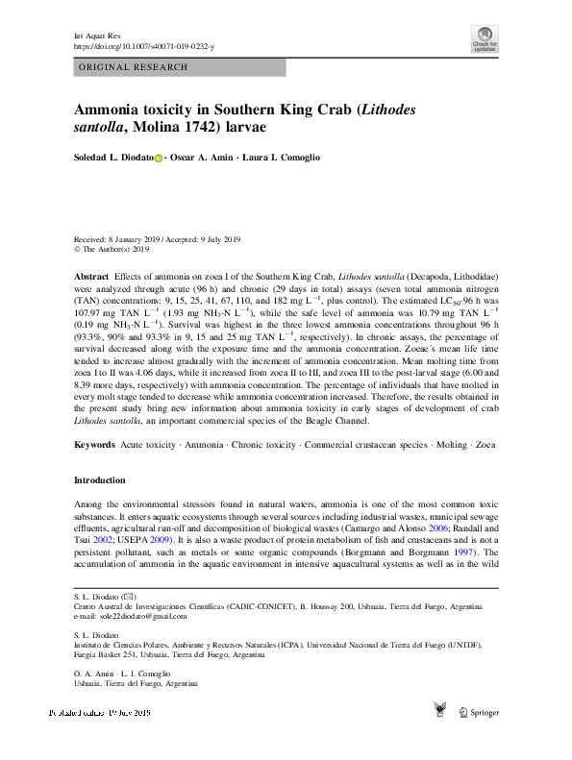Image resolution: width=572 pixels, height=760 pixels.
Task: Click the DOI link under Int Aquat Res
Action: pyautogui.click(x=144, y=45)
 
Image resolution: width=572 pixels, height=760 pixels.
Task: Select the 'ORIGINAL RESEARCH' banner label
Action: pyautogui.click(x=133, y=67)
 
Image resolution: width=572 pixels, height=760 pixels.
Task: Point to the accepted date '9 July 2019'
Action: pyautogui.click(x=220, y=239)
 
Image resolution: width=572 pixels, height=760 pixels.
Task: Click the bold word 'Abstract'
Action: pyautogui.click(x=92, y=275)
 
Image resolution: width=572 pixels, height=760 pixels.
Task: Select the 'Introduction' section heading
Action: pyautogui.click(x=99, y=480)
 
